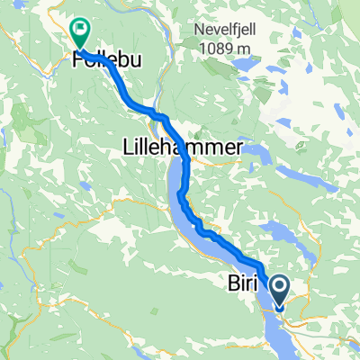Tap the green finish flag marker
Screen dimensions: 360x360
(x=79, y=33)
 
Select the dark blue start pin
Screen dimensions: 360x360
(x=279, y=291)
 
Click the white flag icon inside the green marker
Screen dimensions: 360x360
(x=79, y=30)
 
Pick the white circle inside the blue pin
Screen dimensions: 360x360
(x=279, y=287)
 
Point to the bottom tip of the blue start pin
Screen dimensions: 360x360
(x=279, y=308)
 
